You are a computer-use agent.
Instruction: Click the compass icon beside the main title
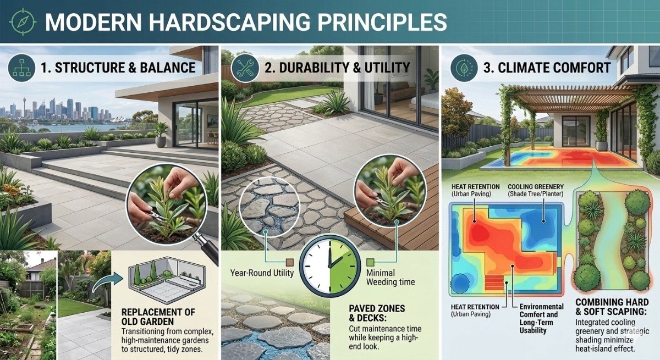(23, 21)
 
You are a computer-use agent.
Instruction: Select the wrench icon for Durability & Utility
(243, 68)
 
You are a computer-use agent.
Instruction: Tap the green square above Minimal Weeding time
(370, 263)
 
